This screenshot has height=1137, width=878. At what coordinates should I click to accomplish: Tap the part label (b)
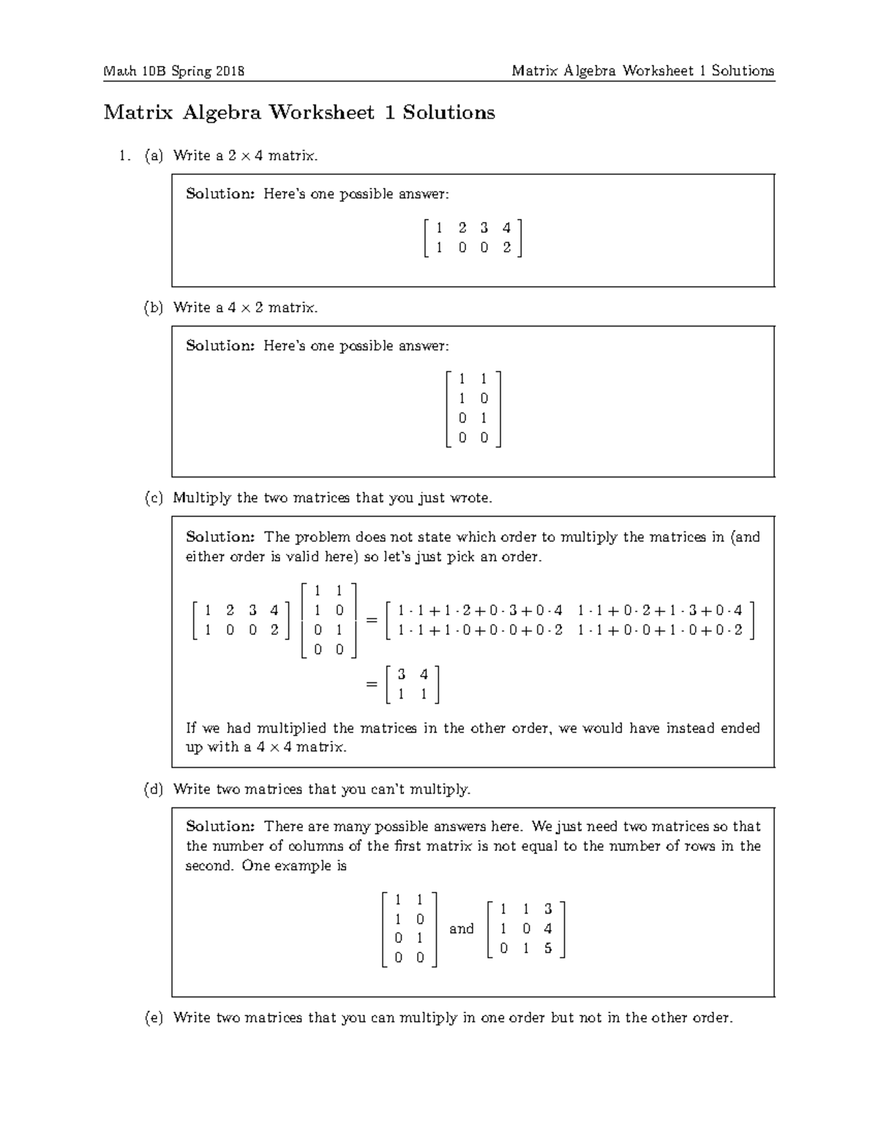[154, 307]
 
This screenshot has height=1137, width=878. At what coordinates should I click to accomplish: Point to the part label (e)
[154, 1018]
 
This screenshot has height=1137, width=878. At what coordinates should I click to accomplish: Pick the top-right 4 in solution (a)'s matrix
[506, 228]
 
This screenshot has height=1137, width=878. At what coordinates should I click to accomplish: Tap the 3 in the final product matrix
[401, 674]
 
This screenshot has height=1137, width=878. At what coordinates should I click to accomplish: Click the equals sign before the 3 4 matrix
[371, 684]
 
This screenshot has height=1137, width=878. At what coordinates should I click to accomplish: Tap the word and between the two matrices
[461, 929]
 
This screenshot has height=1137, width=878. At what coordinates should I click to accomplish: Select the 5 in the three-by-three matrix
[548, 949]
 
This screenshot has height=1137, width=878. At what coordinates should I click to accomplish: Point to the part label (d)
[154, 789]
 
